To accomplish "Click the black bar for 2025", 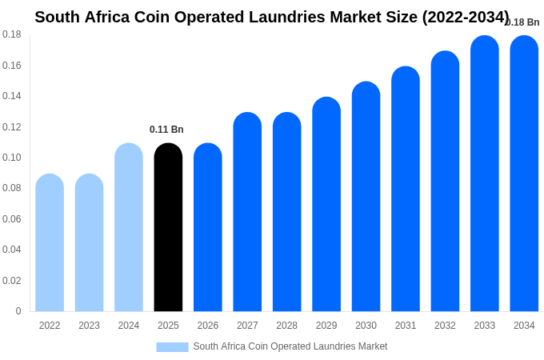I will click(x=168, y=228).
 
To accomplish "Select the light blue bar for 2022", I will click(x=50, y=243).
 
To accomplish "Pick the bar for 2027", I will click(x=247, y=212).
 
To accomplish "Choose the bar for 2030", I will click(x=366, y=197).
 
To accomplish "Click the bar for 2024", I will click(x=129, y=228).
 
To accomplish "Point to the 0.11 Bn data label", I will click(x=166, y=130).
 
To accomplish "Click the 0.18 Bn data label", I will click(x=523, y=22).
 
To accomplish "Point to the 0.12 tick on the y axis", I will click(x=12, y=127).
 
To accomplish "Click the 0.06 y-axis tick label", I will click(x=12, y=219).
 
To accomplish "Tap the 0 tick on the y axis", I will click(x=18, y=311).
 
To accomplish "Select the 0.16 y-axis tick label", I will click(x=12, y=66).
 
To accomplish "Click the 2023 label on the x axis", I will click(x=89, y=326).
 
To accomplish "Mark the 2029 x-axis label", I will click(x=326, y=326).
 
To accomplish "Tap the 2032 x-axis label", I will click(x=445, y=326).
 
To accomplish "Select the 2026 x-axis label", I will click(x=207, y=326).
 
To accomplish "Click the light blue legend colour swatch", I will click(x=172, y=346).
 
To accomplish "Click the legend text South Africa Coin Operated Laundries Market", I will click(x=290, y=346).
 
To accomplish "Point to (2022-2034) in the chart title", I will click(x=466, y=17).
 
